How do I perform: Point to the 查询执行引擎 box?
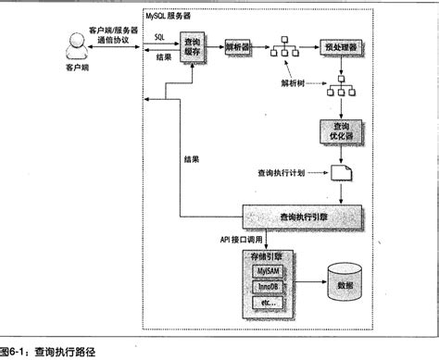click(x=303, y=216)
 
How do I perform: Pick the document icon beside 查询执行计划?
click(x=341, y=173)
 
